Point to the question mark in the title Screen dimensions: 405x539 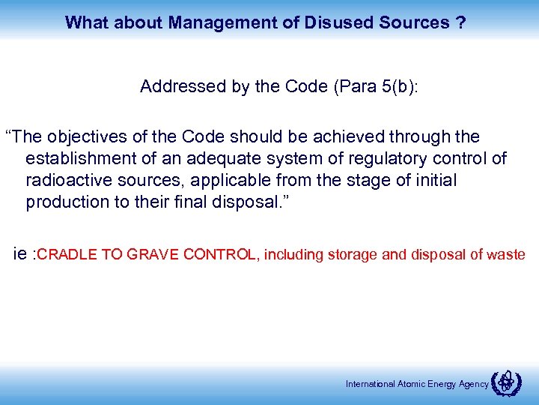(x=460, y=22)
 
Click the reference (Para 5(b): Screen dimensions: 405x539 (x=375, y=86)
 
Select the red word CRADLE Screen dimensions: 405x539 (x=67, y=255)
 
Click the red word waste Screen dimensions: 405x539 (x=505, y=255)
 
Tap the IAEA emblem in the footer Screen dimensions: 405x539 (x=508, y=382)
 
